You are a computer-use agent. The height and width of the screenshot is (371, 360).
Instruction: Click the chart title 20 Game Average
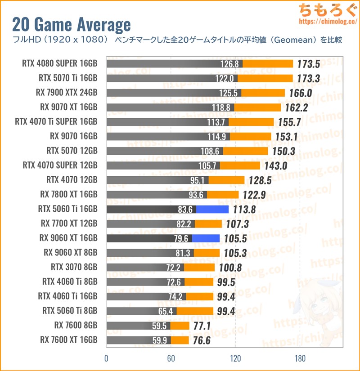point(72,24)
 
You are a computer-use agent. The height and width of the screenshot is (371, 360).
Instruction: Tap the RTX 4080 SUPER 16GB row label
point(59,63)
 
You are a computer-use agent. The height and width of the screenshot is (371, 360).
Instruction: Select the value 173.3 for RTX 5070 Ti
point(308,78)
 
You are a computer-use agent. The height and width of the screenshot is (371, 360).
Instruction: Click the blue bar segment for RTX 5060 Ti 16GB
point(212,209)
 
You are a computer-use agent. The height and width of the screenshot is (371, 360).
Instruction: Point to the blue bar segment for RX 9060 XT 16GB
point(206,238)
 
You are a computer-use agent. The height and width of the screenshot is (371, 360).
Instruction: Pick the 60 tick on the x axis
point(171,358)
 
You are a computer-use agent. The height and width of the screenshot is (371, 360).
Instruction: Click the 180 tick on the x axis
point(300,358)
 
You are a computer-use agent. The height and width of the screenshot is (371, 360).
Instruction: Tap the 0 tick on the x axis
point(106,358)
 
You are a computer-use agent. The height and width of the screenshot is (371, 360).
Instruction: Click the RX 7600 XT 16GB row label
point(68,340)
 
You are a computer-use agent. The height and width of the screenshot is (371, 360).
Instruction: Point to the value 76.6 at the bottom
point(202,340)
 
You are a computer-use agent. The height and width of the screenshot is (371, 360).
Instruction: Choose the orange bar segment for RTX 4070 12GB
point(227,180)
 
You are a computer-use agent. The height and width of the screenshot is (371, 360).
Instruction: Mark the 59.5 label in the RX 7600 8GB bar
point(161,326)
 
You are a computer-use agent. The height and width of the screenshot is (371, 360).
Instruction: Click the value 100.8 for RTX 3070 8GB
point(230,268)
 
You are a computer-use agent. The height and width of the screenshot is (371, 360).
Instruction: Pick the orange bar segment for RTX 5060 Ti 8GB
point(195,311)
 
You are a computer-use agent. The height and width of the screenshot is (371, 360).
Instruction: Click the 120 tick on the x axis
point(235,358)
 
